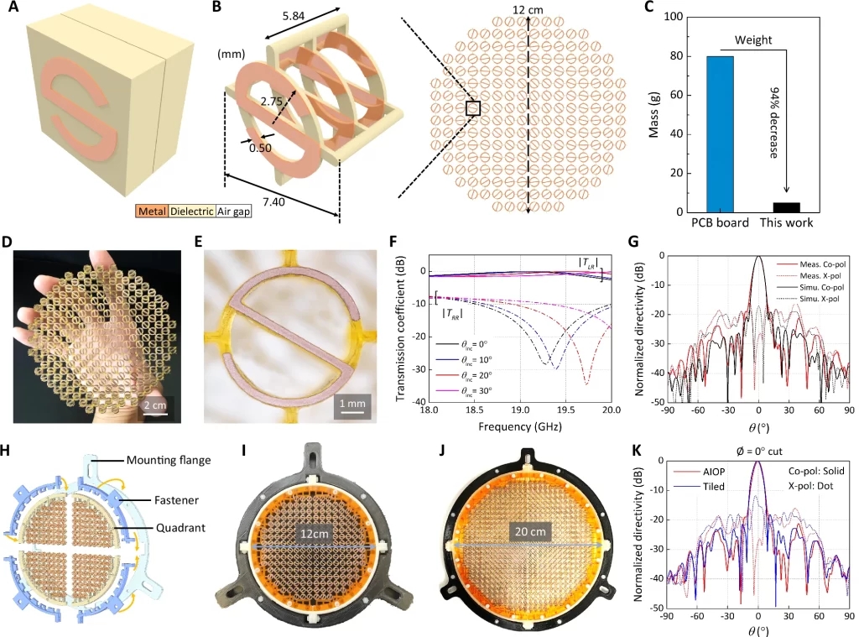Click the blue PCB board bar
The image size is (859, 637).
720,134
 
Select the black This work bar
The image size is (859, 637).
786,207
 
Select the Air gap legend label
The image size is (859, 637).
235,213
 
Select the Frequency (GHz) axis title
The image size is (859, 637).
519,426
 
